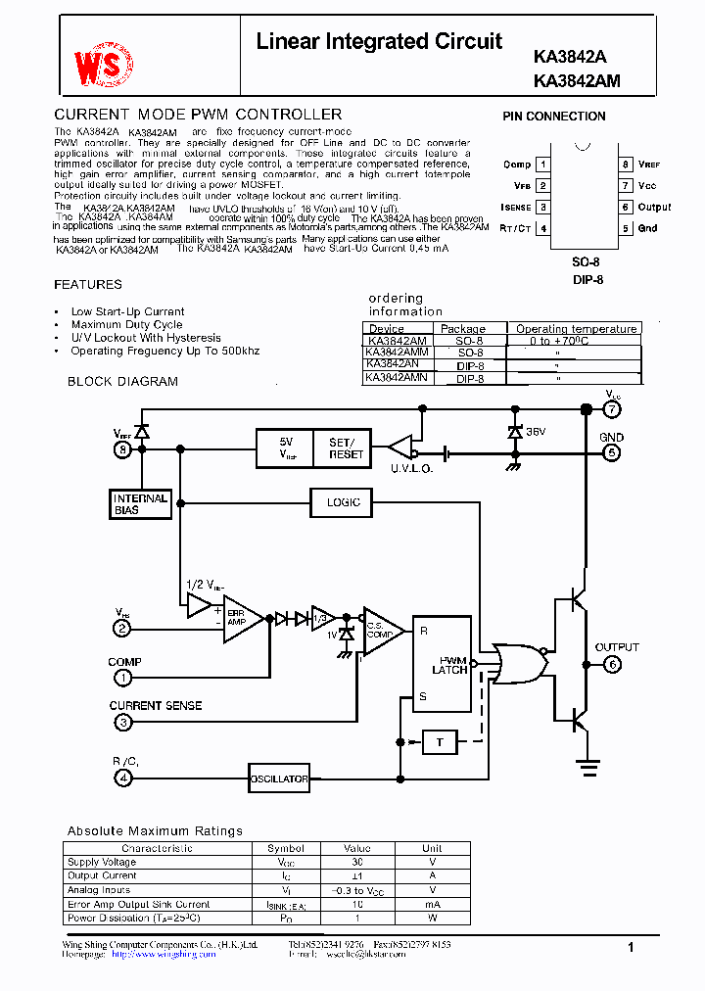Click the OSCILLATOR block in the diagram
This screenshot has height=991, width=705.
tap(279, 779)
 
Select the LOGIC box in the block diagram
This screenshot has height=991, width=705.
tap(343, 502)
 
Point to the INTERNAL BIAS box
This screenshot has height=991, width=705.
tap(140, 503)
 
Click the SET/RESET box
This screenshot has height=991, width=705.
tap(346, 448)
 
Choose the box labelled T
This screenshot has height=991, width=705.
tap(440, 742)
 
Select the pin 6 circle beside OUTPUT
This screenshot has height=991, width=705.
tap(612, 664)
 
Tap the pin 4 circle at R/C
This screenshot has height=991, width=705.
tap(122, 779)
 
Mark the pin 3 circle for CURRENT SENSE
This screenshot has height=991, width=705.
tap(122, 723)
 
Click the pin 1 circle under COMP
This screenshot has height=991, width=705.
tap(122, 677)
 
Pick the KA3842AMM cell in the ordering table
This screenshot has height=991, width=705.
tap(397, 353)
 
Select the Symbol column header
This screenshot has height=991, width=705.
tap(286, 848)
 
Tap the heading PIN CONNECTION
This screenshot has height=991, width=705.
tap(554, 117)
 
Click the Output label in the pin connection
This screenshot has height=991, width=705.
tap(654, 208)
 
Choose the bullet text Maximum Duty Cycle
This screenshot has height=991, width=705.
tap(126, 325)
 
